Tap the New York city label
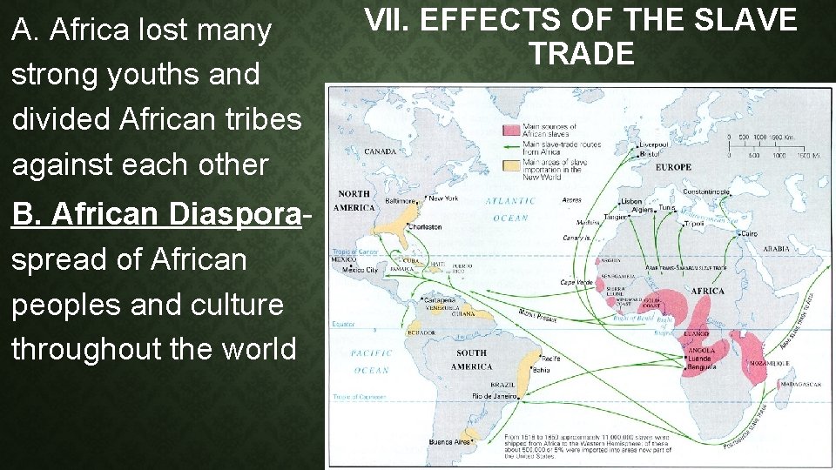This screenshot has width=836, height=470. [x=443, y=198]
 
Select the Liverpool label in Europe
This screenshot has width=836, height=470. [x=653, y=144]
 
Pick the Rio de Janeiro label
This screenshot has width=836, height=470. [x=494, y=396]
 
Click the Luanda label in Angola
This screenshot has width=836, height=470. [x=699, y=359]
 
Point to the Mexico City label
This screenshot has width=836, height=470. [x=360, y=270]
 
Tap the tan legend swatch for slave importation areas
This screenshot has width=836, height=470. [x=509, y=163]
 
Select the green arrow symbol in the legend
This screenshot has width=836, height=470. [x=509, y=146]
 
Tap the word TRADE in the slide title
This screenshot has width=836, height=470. [x=581, y=54]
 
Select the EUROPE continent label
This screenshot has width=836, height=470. [x=673, y=167]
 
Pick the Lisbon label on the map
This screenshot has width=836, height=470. [x=632, y=201]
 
